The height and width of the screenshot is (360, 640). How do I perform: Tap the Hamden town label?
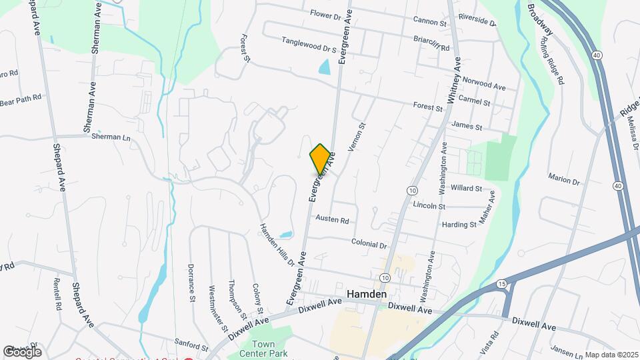coord(366,294)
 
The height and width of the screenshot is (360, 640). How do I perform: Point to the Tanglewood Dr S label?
coord(309,44)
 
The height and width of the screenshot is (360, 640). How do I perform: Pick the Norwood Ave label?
coord(486,85)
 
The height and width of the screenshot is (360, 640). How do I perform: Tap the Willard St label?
coord(465,189)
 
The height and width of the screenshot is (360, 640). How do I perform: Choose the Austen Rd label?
coord(332,219)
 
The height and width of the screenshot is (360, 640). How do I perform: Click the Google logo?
coord(22,351)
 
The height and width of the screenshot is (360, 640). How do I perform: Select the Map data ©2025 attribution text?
coord(611,355)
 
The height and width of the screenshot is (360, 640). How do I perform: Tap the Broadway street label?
coord(540,20)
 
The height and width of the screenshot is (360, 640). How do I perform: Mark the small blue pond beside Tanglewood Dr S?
coord(325,67)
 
